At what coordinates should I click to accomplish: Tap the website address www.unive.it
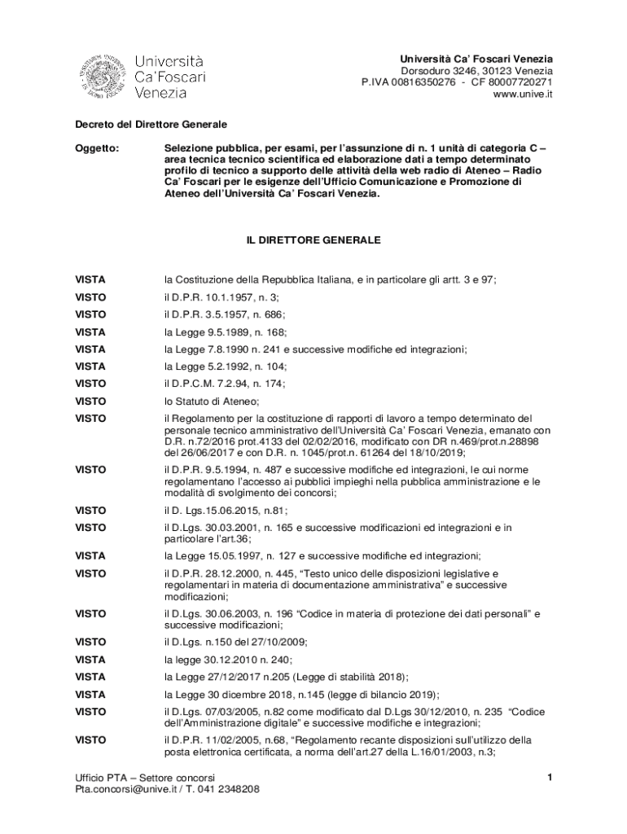pyautogui.click(x=523, y=94)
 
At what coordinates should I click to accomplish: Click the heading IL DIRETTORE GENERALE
pyautogui.click(x=313, y=242)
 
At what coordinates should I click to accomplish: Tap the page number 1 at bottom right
pyautogui.click(x=550, y=778)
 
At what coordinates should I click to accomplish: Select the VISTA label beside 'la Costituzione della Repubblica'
pyautogui.click(x=90, y=279)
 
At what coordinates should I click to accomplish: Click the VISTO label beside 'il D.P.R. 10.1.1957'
pyautogui.click(x=90, y=297)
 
